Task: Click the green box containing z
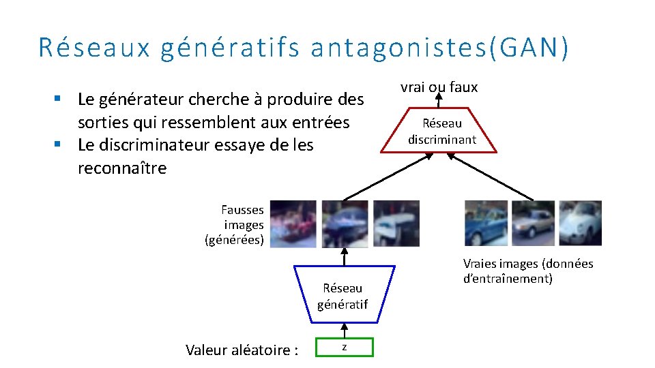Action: [x=345, y=348]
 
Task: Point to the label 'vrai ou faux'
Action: [x=439, y=87]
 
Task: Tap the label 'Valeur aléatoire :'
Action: [x=242, y=350]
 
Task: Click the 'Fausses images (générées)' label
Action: [x=236, y=224]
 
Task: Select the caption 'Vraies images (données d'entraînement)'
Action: [x=527, y=271]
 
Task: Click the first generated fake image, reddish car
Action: [x=293, y=224]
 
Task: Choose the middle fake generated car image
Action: [x=345, y=224]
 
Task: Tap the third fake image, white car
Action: [x=396, y=224]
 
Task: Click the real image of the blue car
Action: [x=486, y=223]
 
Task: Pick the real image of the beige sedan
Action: [x=533, y=223]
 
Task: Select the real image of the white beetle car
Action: [x=581, y=223]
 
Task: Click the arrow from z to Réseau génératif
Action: [x=345, y=330]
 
